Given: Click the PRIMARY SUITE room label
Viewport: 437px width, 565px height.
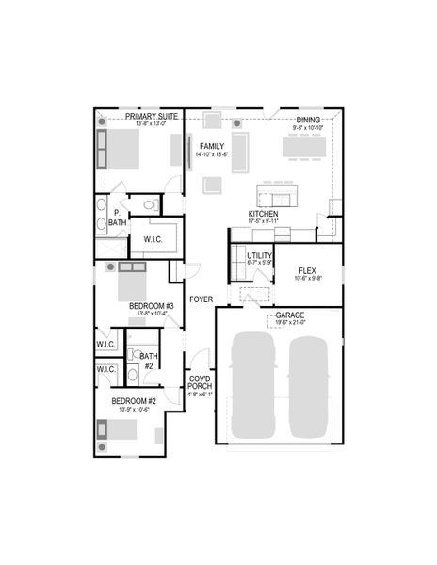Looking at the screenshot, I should pos(139,117).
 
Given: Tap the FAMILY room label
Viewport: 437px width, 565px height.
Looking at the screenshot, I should pos(212,146).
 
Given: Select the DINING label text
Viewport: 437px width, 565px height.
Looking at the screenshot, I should pos(308,120).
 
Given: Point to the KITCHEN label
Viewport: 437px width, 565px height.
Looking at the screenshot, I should pos(263,213).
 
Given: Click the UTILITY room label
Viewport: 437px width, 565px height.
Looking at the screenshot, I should pos(259,255).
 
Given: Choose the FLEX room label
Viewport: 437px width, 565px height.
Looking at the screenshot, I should pos(308,269).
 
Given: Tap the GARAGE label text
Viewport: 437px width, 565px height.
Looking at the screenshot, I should pos(289,315).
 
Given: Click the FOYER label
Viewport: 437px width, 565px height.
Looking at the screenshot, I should pos(201,299).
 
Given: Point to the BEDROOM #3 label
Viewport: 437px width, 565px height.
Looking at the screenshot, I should pos(151,306).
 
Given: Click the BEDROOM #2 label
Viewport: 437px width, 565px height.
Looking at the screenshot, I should pos(131,401).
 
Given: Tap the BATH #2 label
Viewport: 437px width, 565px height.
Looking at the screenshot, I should pos(148,360).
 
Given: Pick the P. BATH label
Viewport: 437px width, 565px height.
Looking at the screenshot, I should pos(117,218).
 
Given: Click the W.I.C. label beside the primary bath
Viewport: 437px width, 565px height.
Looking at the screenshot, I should pos(154,239).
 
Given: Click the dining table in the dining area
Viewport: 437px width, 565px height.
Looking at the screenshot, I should pos(305,148).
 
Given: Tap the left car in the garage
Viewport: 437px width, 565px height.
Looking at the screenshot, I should pos(251,386).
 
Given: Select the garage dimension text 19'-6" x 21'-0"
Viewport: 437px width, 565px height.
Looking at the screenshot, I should pos(289,323).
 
